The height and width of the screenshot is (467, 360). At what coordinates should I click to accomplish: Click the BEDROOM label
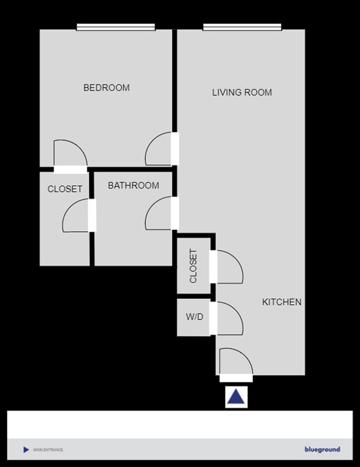106,88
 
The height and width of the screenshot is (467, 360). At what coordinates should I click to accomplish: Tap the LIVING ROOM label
241,92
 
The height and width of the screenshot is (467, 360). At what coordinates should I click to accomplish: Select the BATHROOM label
133,185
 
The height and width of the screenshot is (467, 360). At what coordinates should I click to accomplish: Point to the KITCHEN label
282,302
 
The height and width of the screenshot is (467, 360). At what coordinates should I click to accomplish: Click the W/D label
195,317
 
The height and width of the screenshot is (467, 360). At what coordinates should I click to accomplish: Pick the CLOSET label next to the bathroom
64,189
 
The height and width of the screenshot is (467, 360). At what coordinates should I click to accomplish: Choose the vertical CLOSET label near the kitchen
193,266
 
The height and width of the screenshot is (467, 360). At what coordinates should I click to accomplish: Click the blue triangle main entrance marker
236,398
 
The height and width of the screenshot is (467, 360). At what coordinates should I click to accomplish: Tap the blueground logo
322,450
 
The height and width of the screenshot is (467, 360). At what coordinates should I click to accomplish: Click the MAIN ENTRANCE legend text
48,450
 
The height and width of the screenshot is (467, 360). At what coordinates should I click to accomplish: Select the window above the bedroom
116,27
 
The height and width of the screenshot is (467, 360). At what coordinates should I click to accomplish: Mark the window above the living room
242,27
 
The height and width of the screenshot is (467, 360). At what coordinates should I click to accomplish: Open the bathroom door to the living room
161,214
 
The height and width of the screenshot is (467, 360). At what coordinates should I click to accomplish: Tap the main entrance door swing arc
235,362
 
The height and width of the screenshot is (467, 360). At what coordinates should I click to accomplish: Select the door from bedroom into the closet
70,154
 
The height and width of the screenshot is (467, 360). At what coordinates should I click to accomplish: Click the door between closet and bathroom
78,215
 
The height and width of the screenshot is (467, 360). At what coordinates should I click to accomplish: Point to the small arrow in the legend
26,450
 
